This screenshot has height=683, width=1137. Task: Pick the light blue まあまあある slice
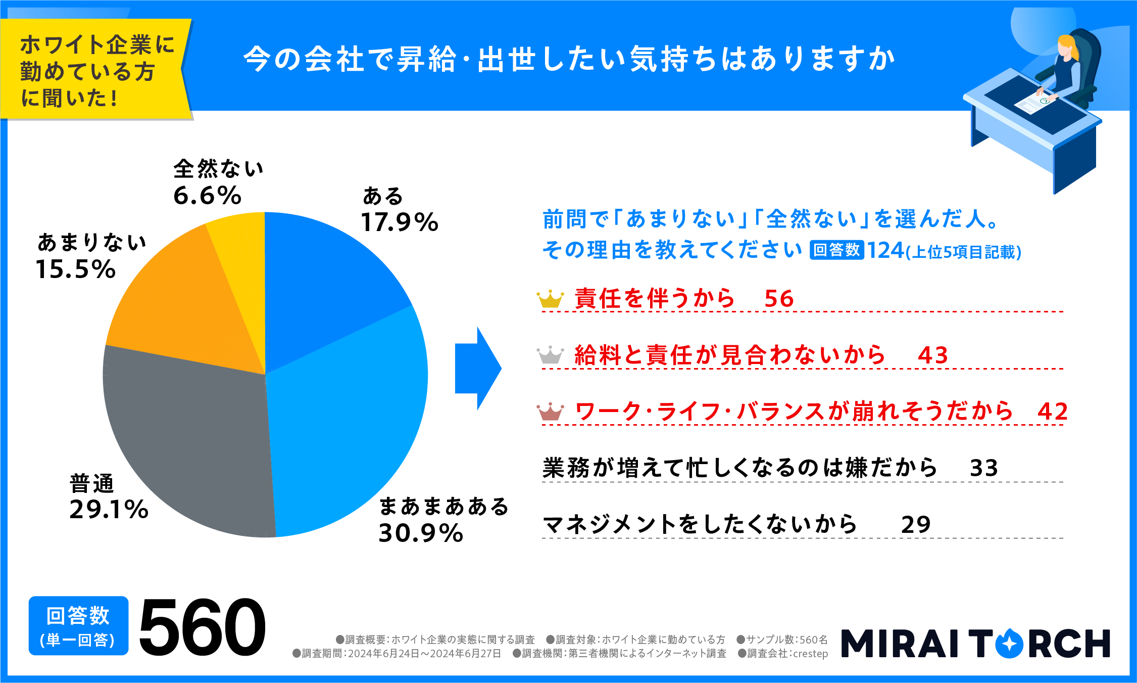[x=349, y=430]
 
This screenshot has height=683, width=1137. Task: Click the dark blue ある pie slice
[x=323, y=283]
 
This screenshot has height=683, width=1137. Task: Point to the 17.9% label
[x=400, y=222]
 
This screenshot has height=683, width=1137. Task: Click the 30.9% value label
[x=421, y=533]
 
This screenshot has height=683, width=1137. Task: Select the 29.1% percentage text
[x=109, y=510]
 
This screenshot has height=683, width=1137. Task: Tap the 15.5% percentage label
[x=76, y=269]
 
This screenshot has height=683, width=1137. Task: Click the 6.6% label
[x=207, y=196]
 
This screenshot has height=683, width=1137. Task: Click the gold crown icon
[x=550, y=299]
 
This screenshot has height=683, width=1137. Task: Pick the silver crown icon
[x=550, y=355]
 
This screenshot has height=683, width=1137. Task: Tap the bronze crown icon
[x=550, y=412]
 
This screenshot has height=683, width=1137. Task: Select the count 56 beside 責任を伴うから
[x=779, y=299]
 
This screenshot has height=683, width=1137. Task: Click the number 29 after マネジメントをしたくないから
[x=915, y=525]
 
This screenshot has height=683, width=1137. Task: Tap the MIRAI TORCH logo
[x=975, y=643]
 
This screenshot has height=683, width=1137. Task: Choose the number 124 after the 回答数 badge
[x=885, y=250]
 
